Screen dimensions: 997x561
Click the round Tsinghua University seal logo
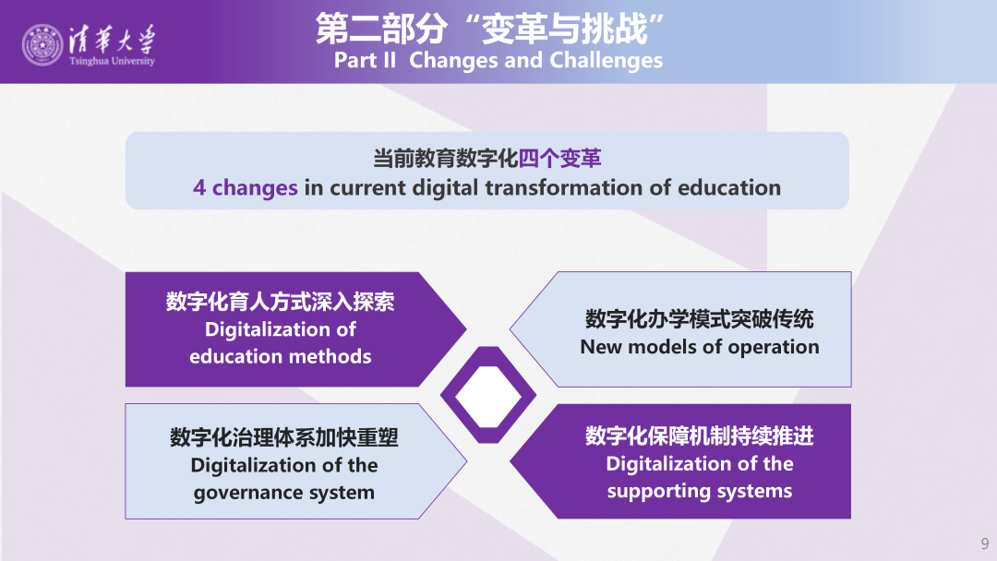pyautogui.click(x=42, y=45)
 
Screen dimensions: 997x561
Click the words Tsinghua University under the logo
pyautogui.click(x=112, y=61)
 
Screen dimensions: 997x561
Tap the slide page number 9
pyautogui.click(x=985, y=543)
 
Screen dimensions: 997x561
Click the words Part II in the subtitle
pyautogui.click(x=365, y=60)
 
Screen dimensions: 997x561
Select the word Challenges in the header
pyautogui.click(x=606, y=60)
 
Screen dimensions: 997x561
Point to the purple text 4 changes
pyautogui.click(x=246, y=188)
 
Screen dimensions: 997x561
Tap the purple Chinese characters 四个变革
pyautogui.click(x=560, y=158)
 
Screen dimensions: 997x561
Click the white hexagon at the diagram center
pyautogui.click(x=488, y=397)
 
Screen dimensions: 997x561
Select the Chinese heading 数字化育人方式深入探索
pyautogui.click(x=281, y=302)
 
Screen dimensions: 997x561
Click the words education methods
pyautogui.click(x=281, y=356)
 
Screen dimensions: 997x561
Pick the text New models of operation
pyautogui.click(x=700, y=347)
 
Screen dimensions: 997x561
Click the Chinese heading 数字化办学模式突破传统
pyautogui.click(x=700, y=319)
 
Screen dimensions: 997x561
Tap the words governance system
pyautogui.click(x=284, y=493)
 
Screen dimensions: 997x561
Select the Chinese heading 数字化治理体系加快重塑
pyautogui.click(x=284, y=437)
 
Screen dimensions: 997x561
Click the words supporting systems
pyautogui.click(x=700, y=491)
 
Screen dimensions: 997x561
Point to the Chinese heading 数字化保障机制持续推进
pyautogui.click(x=700, y=436)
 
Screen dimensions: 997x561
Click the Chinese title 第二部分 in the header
pyautogui.click(x=381, y=29)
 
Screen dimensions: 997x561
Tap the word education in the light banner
pyautogui.click(x=729, y=188)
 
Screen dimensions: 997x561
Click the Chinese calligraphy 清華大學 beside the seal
pyautogui.click(x=112, y=40)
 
